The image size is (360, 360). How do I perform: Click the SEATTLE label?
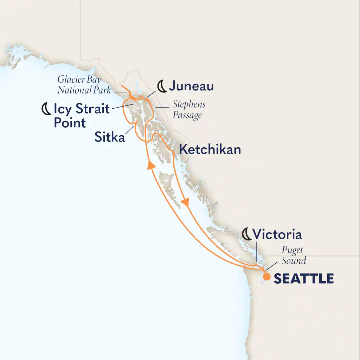pyautogui.click(x=303, y=278)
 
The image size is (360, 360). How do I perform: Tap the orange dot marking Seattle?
pyautogui.click(x=267, y=277)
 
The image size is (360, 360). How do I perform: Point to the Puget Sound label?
pyautogui.click(x=293, y=256)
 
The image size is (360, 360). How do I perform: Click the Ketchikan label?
pyautogui.click(x=210, y=149)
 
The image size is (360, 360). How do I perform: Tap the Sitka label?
pyautogui.click(x=109, y=137)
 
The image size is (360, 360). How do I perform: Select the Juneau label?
pyautogui.click(x=192, y=86)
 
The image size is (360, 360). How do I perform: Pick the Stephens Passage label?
pyautogui.click(x=189, y=110)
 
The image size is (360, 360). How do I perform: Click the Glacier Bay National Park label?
pyautogui.click(x=84, y=85)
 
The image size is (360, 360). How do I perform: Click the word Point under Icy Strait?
pyautogui.click(x=70, y=123)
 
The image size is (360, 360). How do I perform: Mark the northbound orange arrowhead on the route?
pyautogui.click(x=150, y=165)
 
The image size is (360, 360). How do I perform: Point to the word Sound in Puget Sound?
pyautogui.click(x=294, y=261)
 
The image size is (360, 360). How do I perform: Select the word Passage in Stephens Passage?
pyautogui.click(x=187, y=115)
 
